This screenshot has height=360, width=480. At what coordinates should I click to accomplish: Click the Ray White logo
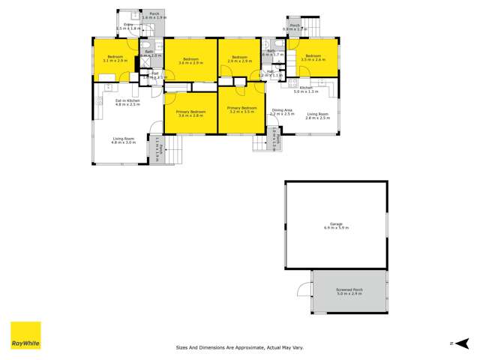(x=25, y=335)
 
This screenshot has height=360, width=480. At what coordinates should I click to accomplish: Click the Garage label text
(x=337, y=226)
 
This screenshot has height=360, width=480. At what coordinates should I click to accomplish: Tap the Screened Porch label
(x=349, y=292)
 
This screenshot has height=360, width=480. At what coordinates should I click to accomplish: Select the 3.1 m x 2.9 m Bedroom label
(x=115, y=58)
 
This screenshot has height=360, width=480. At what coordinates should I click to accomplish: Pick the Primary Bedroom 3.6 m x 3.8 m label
(x=190, y=113)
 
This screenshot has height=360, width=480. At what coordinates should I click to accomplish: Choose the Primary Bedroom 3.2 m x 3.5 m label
(x=241, y=109)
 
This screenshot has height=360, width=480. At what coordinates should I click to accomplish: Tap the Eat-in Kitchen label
(x=127, y=102)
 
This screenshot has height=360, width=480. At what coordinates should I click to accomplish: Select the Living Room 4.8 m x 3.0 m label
(x=124, y=140)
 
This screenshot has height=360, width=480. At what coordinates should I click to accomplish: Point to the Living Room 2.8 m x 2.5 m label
(x=317, y=115)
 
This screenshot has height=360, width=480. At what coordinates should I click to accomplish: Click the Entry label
(x=128, y=26)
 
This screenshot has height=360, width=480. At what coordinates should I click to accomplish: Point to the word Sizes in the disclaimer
(x=183, y=347)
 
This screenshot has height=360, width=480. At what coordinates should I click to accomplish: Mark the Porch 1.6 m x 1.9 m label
(x=154, y=15)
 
